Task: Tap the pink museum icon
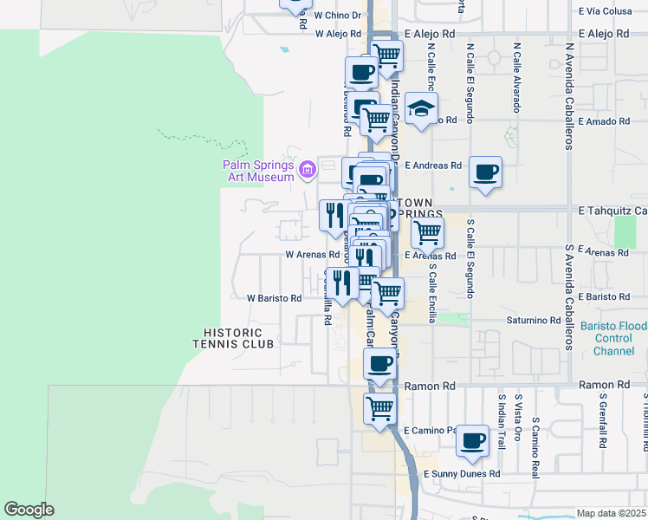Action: tap(307, 170)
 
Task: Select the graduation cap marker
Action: tap(421, 109)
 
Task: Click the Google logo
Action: tap(29, 510)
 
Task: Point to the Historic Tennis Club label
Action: tap(238, 338)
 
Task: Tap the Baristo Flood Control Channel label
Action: tap(619, 339)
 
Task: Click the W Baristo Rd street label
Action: tap(274, 298)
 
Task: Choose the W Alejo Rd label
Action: tap(337, 34)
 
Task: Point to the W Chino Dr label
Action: tap(337, 16)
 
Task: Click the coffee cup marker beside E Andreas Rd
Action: tap(486, 172)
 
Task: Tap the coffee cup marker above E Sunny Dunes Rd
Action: tap(473, 439)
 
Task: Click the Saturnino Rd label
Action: tap(534, 320)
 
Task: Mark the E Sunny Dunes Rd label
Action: tap(462, 474)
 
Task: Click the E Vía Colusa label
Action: tap(612, 11)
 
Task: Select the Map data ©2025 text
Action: tap(612, 513)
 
